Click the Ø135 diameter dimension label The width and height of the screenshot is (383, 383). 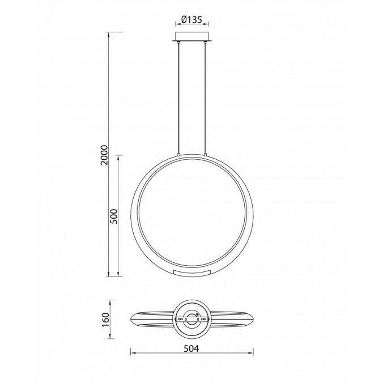192,20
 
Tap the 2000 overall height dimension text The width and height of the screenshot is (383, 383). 104,154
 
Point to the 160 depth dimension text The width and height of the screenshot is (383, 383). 105,320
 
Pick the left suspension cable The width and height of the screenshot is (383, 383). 180,96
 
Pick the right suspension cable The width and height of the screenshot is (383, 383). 204,96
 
